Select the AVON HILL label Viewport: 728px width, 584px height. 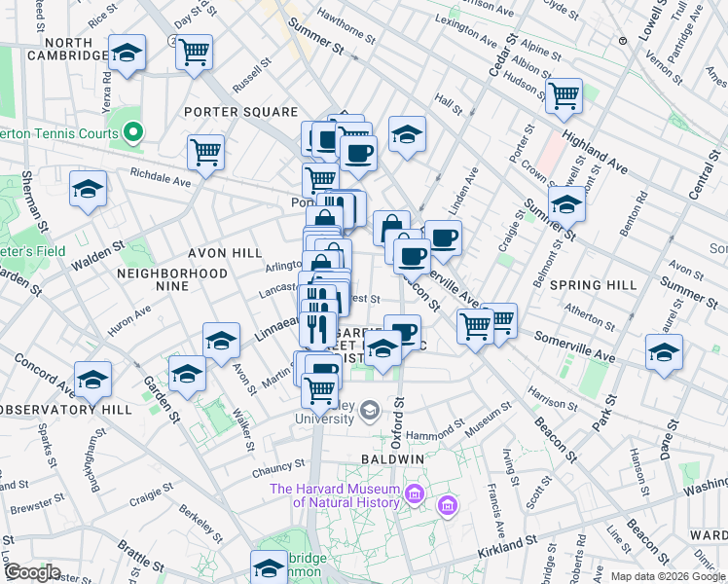(225, 253)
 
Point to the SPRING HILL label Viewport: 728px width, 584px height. (592, 285)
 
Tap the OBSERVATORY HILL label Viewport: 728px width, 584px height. (65, 409)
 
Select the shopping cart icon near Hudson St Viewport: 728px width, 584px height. (564, 95)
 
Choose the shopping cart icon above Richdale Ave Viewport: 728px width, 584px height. (206, 151)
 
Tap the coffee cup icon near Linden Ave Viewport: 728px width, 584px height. (444, 237)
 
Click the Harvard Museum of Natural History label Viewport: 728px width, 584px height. (335, 495)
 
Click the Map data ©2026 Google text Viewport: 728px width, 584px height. (667, 575)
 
